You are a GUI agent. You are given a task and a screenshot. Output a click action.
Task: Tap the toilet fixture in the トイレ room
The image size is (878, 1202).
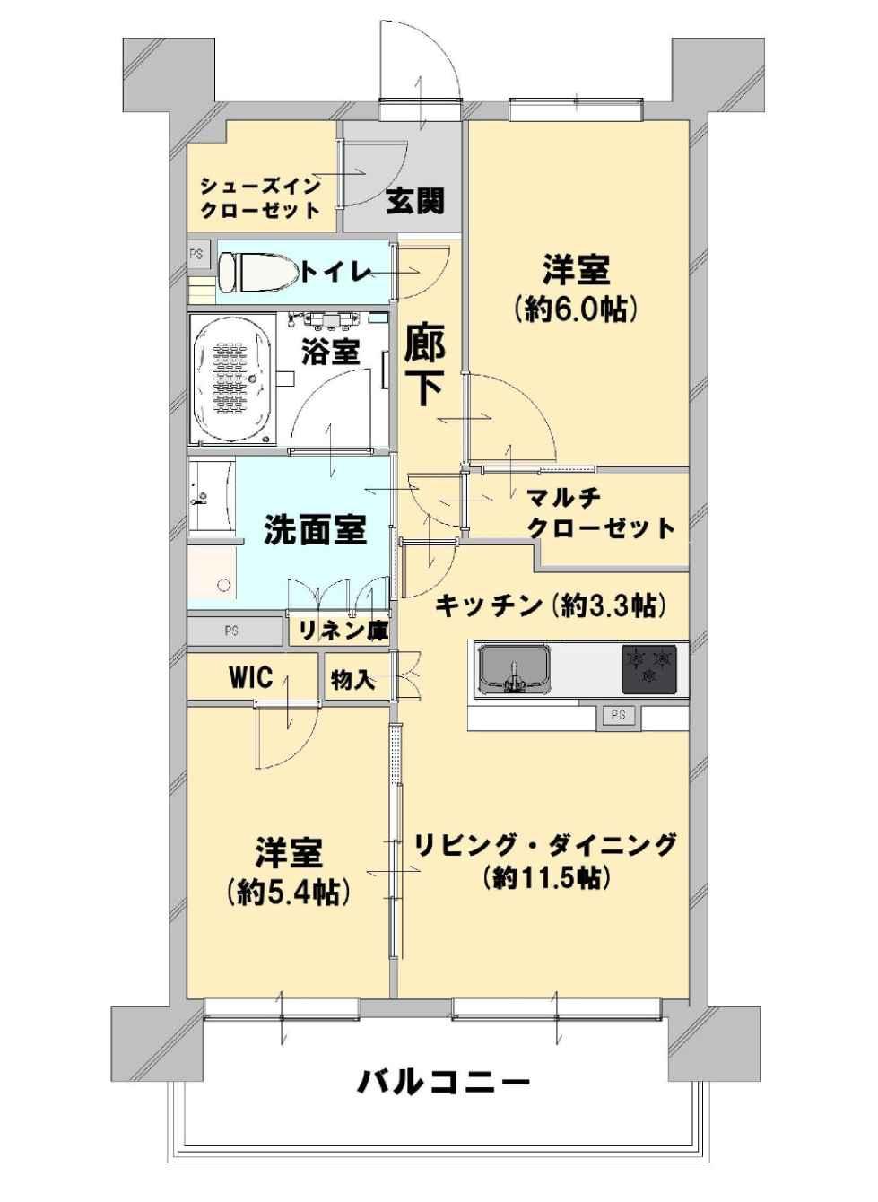pyautogui.click(x=259, y=273)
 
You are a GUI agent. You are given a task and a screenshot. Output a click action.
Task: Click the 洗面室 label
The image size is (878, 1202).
pyautogui.click(x=316, y=529)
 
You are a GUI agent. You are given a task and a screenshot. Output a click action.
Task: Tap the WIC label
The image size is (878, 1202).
pyautogui.click(x=251, y=677)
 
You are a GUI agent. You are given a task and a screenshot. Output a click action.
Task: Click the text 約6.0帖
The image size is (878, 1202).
pyautogui.click(x=576, y=308)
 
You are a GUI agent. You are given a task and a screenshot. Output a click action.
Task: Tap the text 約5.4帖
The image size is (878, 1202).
pyautogui.click(x=288, y=892)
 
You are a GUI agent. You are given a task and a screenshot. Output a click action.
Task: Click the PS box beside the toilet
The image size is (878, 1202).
pyautogui.click(x=196, y=254)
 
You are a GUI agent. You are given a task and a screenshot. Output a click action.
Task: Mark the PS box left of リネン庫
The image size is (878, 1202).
pyautogui.click(x=234, y=631)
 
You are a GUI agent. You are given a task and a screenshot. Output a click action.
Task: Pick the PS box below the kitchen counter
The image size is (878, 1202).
pyautogui.click(x=619, y=715)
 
